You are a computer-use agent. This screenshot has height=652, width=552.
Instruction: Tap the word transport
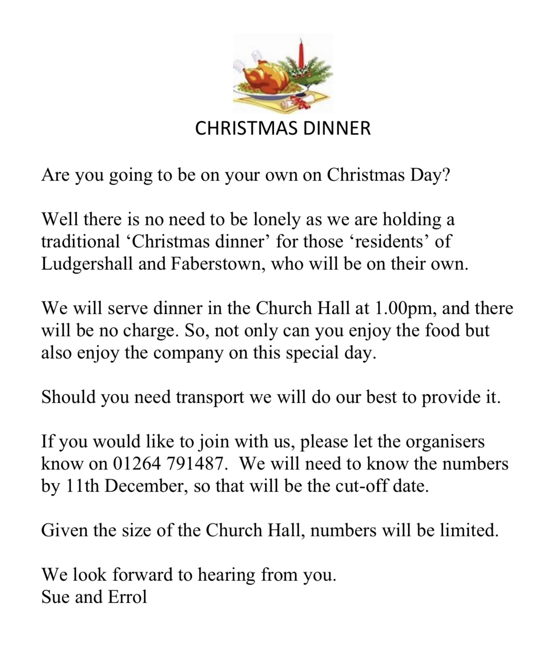210,397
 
